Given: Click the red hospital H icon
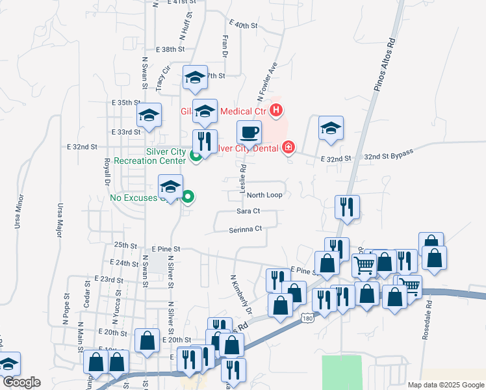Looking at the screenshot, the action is (276, 110).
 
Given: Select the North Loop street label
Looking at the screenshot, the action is (264, 195).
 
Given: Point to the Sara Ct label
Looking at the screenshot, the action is (248, 211).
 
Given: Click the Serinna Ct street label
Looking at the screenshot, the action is (245, 229).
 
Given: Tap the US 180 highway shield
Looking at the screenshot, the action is (308, 317).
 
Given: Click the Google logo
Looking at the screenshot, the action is (21, 382).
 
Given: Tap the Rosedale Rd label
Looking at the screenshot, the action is (428, 311).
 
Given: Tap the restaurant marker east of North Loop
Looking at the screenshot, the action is (347, 207).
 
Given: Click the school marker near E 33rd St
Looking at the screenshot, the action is (149, 116).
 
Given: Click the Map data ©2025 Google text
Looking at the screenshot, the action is (445, 385).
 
